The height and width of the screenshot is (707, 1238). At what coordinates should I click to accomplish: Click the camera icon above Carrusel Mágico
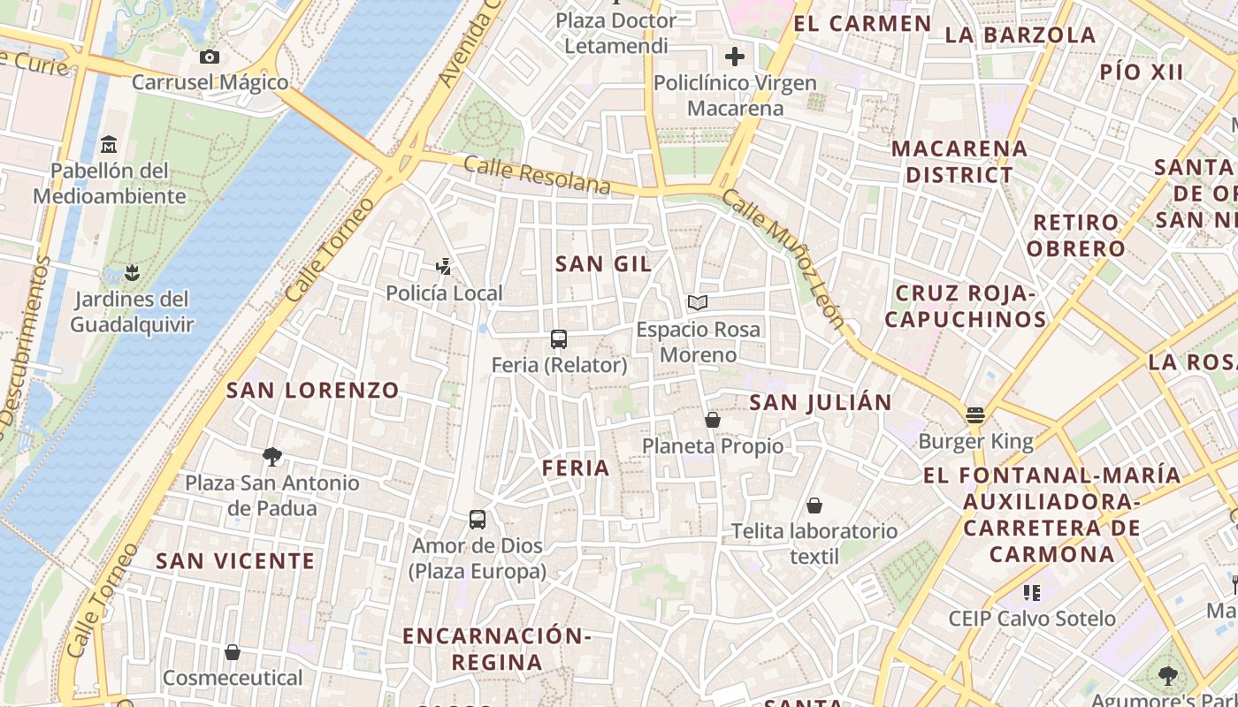coord(210,57)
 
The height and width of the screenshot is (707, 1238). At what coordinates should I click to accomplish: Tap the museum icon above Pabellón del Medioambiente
coord(109,144)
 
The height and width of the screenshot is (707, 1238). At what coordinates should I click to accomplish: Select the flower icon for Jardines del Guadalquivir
coord(132,272)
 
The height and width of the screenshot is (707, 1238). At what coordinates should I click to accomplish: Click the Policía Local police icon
coord(444,266)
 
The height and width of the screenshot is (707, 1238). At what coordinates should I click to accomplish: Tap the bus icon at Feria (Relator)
coord(558,338)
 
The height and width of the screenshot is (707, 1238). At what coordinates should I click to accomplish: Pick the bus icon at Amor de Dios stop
coord(478,520)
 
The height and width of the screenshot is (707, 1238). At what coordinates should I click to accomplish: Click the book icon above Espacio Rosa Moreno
coord(698,303)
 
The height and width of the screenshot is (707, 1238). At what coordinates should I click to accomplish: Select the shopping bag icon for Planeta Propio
coord(713,420)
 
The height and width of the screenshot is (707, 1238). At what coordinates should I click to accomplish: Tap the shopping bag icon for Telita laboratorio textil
coord(814,506)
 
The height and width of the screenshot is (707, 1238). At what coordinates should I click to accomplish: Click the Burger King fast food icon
coord(975,414)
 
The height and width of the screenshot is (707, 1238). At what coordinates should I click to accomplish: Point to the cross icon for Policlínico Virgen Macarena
coord(734,57)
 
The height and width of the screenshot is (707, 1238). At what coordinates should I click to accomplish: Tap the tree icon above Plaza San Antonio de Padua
coord(272,457)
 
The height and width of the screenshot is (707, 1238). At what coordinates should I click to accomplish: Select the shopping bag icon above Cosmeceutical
coord(233,652)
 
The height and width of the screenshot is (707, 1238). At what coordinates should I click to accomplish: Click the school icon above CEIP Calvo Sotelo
coord(1032,592)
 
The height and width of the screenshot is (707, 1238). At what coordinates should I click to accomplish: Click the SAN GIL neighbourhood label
coord(603,263)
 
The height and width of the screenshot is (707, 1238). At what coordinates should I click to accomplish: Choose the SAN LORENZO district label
coord(313,390)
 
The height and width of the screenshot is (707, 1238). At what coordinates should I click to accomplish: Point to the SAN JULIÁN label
coord(821,403)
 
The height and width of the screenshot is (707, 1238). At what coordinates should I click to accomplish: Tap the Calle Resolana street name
coord(537,174)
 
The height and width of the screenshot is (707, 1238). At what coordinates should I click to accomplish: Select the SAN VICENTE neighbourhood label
coord(235,561)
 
